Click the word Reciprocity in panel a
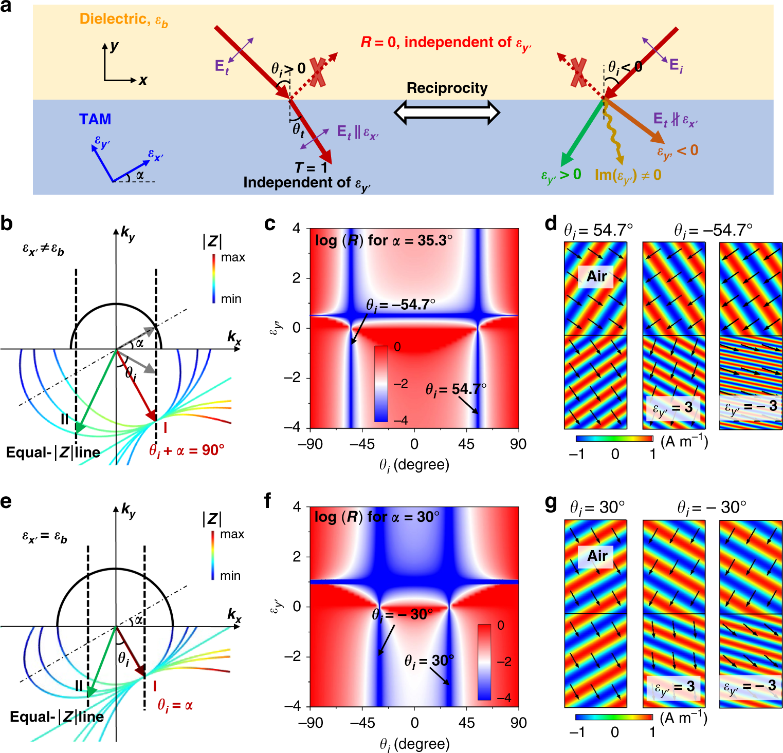pos(447,88)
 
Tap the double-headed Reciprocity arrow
pos(447,112)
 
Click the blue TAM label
pos(95,119)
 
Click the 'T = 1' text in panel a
pos(311,168)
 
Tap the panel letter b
pos(7,224)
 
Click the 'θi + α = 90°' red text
pos(187,450)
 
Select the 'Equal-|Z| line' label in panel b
pos(53,453)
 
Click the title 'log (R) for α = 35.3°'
pos(384,240)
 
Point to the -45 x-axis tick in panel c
pos(362,444)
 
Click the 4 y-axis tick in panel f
pos(297,507)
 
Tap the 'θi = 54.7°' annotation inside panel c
pos(456,389)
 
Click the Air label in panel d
pos(596,276)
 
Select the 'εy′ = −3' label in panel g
pos(750,686)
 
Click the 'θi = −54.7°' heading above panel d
pos(713,230)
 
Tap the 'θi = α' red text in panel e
pos(175,705)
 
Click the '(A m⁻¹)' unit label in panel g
pos(683,718)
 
